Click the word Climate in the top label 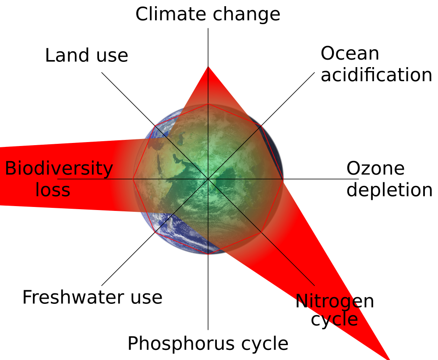point(171,14)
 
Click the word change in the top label point(246,15)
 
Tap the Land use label point(87,55)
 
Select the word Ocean point(350,53)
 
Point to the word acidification point(376,75)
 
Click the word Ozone point(375,168)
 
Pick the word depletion point(389,190)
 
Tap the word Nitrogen point(335,302)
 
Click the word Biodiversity point(59,169)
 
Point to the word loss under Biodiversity point(53,190)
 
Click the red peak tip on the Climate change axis point(208,67)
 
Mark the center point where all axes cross point(208,179)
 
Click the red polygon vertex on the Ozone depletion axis point(283,179)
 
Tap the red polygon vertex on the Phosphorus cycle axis point(208,254)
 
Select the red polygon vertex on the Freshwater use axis point(155,232)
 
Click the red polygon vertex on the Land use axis point(155,126)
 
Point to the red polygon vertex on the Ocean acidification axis point(261,126)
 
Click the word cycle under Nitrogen point(334,320)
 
